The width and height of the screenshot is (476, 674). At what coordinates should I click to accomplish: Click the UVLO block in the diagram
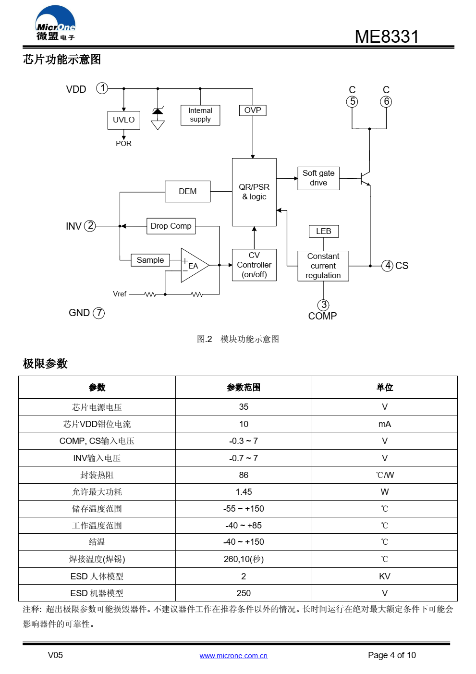(x=123, y=120)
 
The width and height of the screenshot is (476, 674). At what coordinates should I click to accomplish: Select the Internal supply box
(x=200, y=115)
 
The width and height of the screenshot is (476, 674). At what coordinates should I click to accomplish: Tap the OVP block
(x=253, y=110)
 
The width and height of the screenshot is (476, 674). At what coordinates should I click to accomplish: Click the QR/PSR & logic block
(x=254, y=192)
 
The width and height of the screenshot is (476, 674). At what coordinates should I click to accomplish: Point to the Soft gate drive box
(x=318, y=178)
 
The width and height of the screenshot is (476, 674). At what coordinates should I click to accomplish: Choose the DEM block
(x=187, y=191)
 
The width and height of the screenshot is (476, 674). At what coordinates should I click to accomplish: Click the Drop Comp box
(x=171, y=226)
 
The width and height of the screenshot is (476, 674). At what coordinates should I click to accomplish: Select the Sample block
(x=150, y=260)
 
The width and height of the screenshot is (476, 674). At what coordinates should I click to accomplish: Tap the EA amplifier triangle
(x=194, y=265)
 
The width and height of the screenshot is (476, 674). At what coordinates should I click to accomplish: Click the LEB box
(x=323, y=231)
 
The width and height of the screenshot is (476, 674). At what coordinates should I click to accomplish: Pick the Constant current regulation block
(x=323, y=266)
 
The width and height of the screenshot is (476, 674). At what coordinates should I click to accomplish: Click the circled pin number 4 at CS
(x=387, y=265)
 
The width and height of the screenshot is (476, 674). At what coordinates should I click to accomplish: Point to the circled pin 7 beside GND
(x=98, y=313)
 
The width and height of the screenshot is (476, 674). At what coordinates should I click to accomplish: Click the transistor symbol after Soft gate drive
(x=365, y=179)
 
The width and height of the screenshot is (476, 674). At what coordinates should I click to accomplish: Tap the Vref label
(x=120, y=294)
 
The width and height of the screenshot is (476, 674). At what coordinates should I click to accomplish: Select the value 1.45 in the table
(x=244, y=491)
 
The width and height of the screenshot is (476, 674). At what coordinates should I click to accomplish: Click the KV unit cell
(x=385, y=576)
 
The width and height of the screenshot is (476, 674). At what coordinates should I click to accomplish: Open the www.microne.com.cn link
(x=233, y=656)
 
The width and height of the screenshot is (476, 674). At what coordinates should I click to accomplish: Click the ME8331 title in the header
(x=387, y=37)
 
